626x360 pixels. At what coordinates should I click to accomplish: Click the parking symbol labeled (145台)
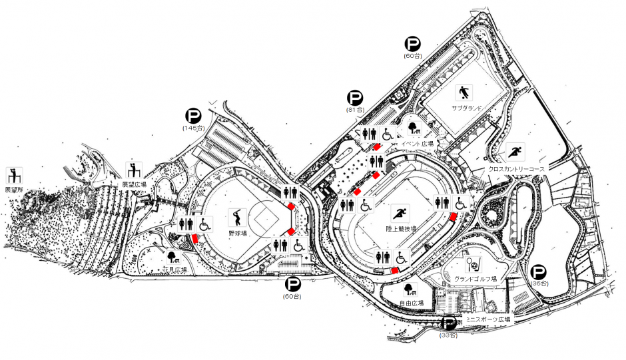(192, 116)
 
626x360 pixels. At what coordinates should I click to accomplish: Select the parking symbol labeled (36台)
(539, 272)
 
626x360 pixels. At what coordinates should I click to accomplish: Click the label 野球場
(238, 234)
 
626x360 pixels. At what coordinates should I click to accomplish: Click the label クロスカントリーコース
(516, 169)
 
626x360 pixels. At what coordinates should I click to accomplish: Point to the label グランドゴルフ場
(475, 278)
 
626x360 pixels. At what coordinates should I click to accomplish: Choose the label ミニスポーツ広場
(488, 319)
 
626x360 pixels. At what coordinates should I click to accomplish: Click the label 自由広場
(411, 303)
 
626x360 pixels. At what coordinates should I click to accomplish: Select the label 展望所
(13, 190)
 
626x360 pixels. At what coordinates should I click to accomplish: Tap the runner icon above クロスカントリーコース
(515, 152)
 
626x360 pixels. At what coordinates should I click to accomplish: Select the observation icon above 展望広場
(135, 169)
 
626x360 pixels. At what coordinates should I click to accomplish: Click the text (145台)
(192, 127)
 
